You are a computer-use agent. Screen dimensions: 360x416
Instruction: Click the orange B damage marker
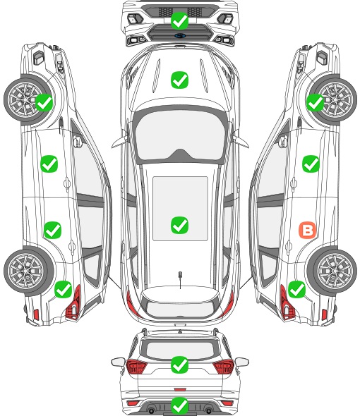[308, 230]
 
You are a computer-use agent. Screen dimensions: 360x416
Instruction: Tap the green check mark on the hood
[179, 80]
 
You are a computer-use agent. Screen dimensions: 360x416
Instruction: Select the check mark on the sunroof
[179, 225]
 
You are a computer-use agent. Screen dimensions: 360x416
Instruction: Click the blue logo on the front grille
[180, 35]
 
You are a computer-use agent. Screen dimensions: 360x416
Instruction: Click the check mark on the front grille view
[179, 20]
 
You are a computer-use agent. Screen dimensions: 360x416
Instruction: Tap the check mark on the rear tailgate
[179, 365]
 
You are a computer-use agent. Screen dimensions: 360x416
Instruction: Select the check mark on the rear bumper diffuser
[179, 405]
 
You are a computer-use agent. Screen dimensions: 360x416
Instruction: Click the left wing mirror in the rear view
[118, 362]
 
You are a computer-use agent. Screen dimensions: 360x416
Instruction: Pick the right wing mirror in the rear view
[242, 362]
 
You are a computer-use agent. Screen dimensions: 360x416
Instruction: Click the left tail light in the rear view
[136, 367]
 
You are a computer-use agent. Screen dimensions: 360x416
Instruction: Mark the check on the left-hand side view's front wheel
[44, 103]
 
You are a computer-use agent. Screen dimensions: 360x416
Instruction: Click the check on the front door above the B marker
[311, 164]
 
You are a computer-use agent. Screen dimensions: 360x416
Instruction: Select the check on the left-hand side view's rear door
[52, 230]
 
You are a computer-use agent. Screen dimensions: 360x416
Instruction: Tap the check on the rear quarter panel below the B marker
[296, 289]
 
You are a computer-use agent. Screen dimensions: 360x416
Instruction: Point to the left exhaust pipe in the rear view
[151, 410]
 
